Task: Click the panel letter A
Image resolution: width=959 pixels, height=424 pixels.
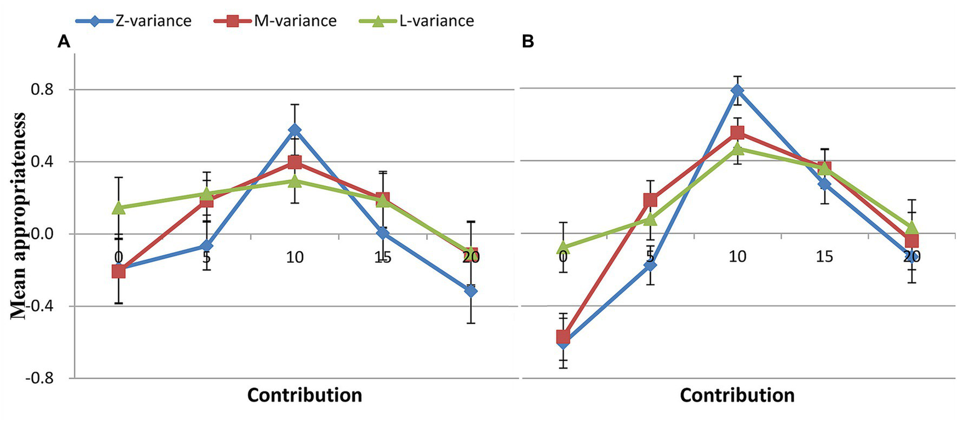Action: pos(63,42)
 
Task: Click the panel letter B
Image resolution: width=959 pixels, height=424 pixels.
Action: pos(528,42)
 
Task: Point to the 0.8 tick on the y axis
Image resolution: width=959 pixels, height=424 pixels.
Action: pos(46,89)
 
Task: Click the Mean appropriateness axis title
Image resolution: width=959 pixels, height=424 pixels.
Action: pos(19,216)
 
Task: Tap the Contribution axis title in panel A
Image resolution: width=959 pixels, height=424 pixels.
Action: pos(304,396)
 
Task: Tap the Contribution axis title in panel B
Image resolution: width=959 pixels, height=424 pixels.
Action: pos(737,396)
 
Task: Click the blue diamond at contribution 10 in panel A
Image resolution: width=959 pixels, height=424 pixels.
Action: pos(294,130)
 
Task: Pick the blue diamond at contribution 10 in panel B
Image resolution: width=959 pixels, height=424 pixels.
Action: pos(738,90)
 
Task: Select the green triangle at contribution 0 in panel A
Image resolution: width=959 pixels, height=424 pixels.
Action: pos(118,207)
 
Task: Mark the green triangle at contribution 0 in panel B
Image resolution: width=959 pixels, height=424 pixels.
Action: pos(562,248)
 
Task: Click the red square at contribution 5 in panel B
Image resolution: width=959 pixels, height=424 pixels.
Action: pos(650,200)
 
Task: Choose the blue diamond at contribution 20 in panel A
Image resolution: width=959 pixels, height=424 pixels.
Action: pos(471,291)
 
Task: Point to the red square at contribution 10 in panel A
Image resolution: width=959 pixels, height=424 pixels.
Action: pos(294,163)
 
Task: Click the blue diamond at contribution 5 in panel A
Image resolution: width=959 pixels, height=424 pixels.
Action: pos(206,246)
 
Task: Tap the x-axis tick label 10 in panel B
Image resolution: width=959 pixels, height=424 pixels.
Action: pos(737,257)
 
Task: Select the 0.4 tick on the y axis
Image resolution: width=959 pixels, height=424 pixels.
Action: pos(46,162)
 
